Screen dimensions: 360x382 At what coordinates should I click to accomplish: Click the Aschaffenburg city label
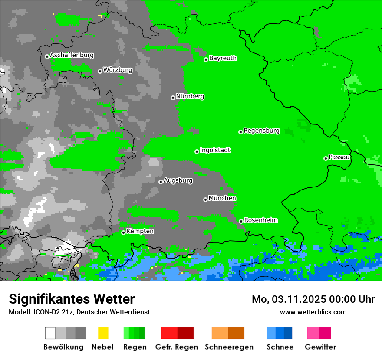click(72, 55)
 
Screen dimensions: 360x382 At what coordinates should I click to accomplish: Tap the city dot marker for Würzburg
click(100, 71)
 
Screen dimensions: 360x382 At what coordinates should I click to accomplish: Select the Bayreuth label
click(223, 58)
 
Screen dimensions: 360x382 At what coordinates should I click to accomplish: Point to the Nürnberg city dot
click(173, 98)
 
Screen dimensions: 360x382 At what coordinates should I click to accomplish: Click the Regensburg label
click(261, 131)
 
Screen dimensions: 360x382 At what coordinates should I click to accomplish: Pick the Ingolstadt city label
click(215, 150)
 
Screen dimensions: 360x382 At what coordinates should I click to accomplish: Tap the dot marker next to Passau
click(326, 158)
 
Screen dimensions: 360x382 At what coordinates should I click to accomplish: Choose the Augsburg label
click(178, 180)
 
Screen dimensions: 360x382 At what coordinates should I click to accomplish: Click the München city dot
click(205, 200)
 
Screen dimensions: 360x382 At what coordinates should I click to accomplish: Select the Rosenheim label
click(260, 220)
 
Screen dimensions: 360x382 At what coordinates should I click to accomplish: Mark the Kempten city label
click(140, 231)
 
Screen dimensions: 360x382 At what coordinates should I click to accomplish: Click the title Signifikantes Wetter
click(72, 299)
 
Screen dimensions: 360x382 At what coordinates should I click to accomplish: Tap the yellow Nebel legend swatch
click(103, 333)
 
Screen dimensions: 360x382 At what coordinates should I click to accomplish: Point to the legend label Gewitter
click(320, 347)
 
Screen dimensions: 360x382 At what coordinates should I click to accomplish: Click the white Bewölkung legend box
click(50, 333)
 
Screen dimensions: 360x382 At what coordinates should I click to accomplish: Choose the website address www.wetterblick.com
click(313, 312)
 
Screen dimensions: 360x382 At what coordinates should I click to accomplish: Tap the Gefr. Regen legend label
click(177, 347)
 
